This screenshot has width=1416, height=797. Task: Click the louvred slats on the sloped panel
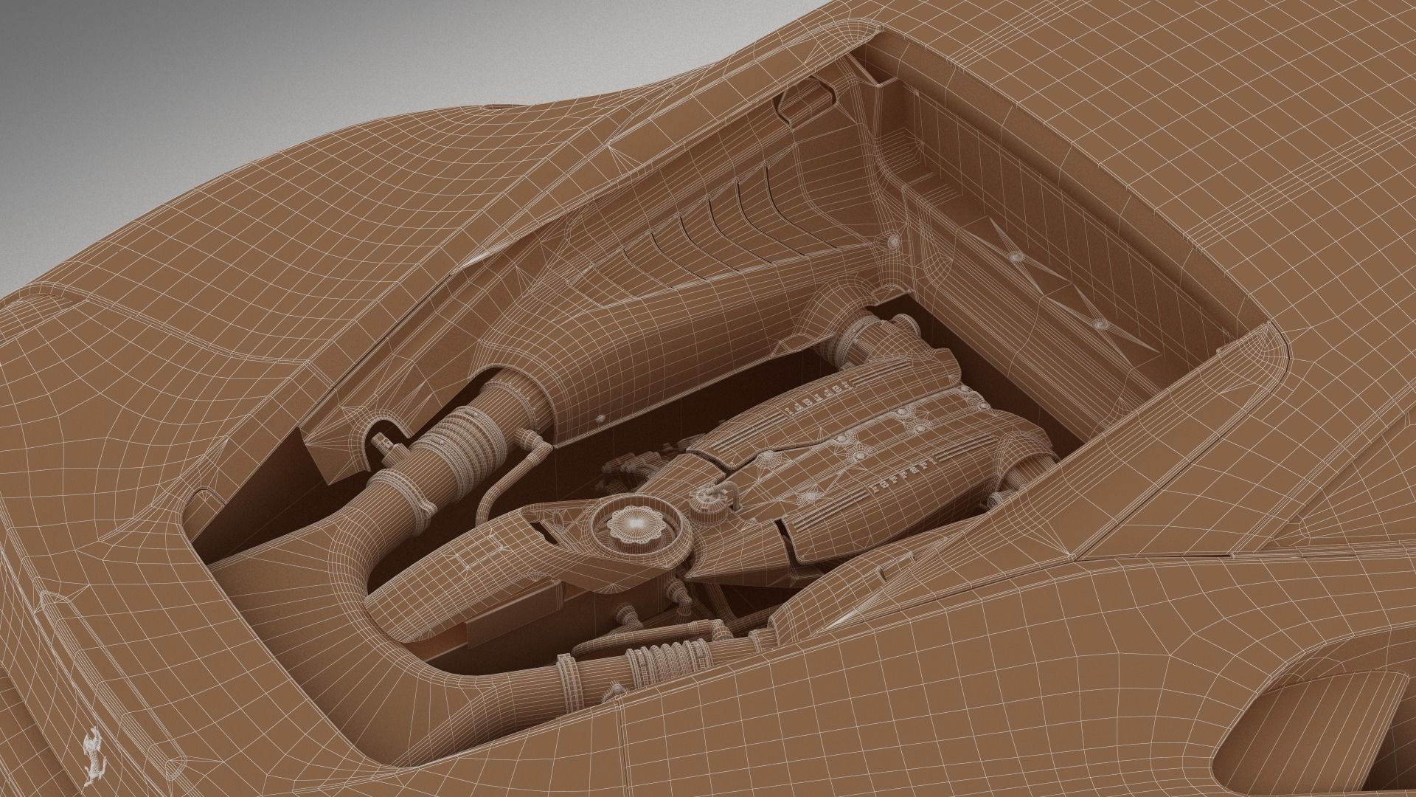tap(708, 229)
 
